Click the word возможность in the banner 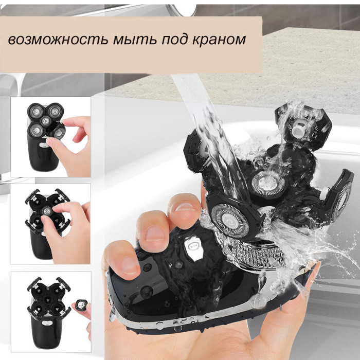point(58,39)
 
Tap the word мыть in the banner point(135,39)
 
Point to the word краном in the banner point(219,40)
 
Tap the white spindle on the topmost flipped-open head point(300,128)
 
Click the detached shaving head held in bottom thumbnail point(80,304)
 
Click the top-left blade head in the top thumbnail point(35,112)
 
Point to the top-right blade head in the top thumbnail point(55,111)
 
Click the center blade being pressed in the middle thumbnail point(47,210)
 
